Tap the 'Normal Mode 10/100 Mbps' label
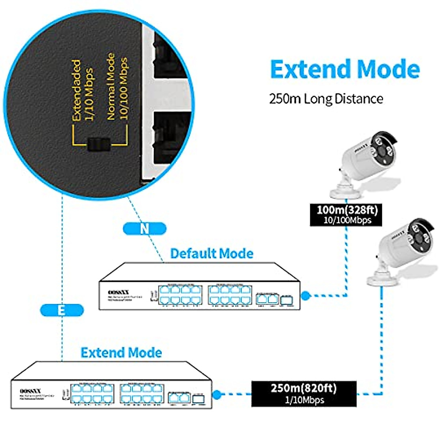(117, 86)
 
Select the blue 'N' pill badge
(145, 229)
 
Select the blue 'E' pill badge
(62, 310)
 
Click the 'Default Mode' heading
(211, 253)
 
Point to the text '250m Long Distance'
(326, 99)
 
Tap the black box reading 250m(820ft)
(304, 393)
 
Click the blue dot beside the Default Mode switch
(305, 296)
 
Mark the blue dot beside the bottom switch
(217, 394)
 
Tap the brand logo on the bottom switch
(30, 391)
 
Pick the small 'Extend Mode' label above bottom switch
(121, 352)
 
